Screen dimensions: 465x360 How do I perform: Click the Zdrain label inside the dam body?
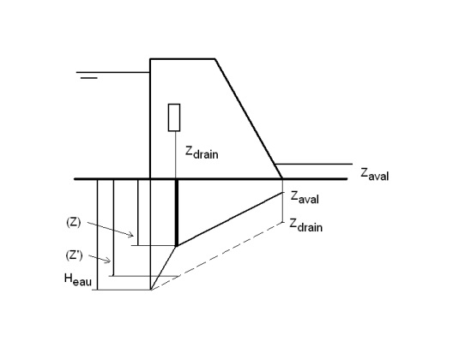click(202, 153)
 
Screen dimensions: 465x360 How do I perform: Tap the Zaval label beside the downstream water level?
click(375, 174)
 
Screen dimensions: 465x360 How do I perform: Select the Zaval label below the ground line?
click(305, 197)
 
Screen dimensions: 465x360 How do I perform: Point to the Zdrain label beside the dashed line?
click(305, 225)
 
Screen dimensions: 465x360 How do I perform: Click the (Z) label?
click(73, 222)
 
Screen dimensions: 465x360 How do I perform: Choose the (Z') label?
click(74, 255)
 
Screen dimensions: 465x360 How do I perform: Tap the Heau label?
click(78, 279)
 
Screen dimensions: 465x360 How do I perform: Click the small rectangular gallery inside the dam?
click(174, 117)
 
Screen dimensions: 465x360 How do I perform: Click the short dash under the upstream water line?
click(89, 78)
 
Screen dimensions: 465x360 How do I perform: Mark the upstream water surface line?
click(113, 72)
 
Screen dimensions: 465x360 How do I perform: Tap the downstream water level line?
click(314, 164)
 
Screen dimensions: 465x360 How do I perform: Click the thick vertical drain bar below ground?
click(177, 213)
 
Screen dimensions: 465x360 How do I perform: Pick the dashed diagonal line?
click(217, 255)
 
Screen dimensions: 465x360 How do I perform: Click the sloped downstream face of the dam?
click(249, 119)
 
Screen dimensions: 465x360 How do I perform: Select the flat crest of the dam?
click(183, 59)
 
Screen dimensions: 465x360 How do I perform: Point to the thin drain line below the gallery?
click(176, 155)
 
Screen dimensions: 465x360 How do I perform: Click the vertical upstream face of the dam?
click(150, 119)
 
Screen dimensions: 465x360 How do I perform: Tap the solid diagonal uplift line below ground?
click(230, 219)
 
